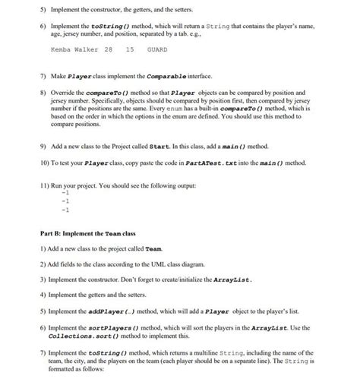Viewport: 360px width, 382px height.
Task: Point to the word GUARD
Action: (157, 50)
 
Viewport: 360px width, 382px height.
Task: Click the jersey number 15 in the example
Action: (130, 50)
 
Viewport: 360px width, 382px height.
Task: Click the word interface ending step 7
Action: (220, 78)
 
